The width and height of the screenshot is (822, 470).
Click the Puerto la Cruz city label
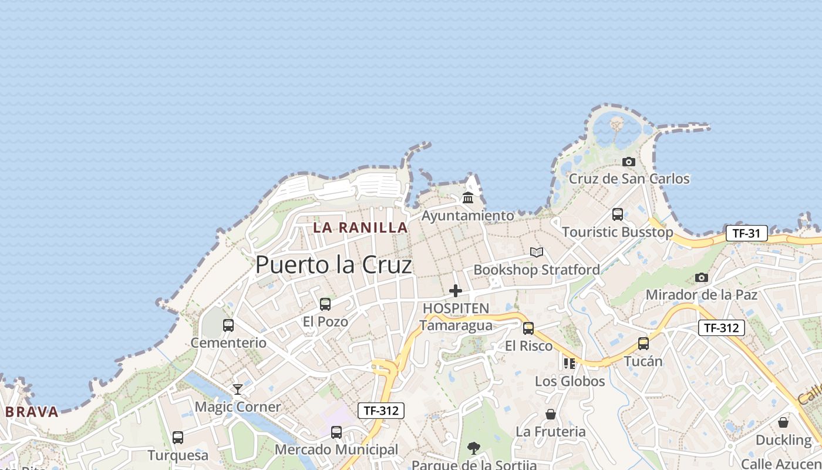point(333,265)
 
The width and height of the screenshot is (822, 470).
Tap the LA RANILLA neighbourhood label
point(360,227)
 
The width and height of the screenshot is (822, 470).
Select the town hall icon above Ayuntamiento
point(468,198)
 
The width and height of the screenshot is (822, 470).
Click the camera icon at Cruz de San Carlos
point(629,162)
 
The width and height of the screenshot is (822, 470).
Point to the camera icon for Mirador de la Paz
point(701,277)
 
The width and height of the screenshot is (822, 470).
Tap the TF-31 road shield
point(746,233)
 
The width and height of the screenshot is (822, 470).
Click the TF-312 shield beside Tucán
point(721,328)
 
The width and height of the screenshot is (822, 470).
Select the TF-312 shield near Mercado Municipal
point(381,411)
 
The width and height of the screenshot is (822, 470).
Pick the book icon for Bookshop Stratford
point(536,252)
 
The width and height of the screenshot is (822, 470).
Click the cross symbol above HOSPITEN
point(456,290)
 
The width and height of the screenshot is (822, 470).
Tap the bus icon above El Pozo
point(325,304)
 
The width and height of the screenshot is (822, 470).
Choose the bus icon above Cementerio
point(228,325)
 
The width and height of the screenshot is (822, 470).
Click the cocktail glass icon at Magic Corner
point(237,389)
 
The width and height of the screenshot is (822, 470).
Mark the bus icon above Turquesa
point(177,438)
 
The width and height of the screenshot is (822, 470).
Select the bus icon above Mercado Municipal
point(336,432)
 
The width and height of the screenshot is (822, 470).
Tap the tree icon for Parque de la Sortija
point(473,448)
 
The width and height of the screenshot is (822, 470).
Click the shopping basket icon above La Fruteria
point(550,414)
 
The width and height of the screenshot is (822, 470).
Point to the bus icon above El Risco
point(528,328)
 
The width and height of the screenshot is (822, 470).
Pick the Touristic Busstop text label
point(618,232)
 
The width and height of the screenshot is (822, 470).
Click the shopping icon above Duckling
point(783,422)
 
